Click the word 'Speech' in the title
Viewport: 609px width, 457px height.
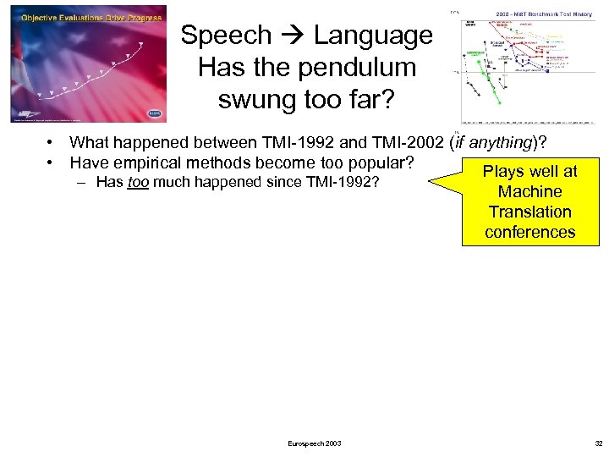point(226,36)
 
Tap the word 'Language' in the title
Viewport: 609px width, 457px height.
point(373,36)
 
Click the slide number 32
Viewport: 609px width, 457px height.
point(599,443)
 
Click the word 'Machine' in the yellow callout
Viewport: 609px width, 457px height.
point(530,191)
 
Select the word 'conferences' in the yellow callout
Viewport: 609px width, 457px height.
point(530,232)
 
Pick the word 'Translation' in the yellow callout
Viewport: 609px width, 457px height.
point(530,212)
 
